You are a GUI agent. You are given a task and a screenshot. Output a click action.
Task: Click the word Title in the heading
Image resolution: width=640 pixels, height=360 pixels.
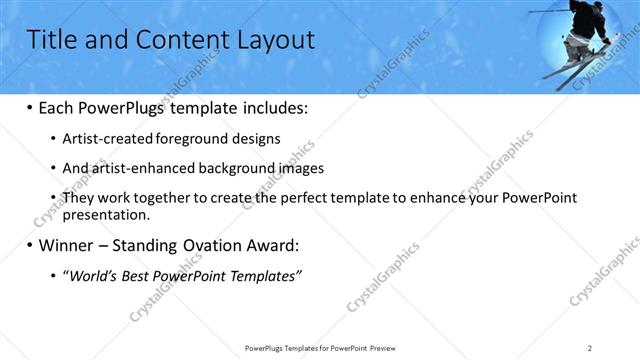pos(51,39)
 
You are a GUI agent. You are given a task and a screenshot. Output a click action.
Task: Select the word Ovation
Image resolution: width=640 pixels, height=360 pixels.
pos(204,245)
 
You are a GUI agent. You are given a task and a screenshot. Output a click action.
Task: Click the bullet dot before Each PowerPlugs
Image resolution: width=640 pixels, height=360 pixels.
pos(29,108)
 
